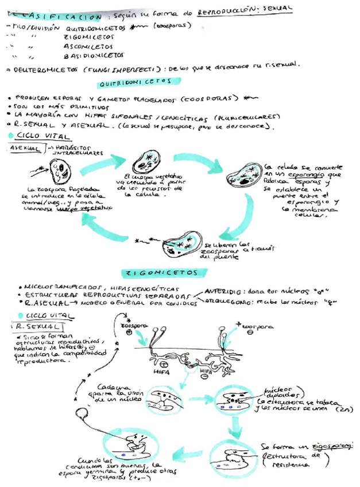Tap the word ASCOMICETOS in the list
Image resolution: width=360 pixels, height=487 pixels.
[x=88, y=45]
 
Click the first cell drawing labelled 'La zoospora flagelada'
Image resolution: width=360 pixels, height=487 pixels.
[x=59, y=171]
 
